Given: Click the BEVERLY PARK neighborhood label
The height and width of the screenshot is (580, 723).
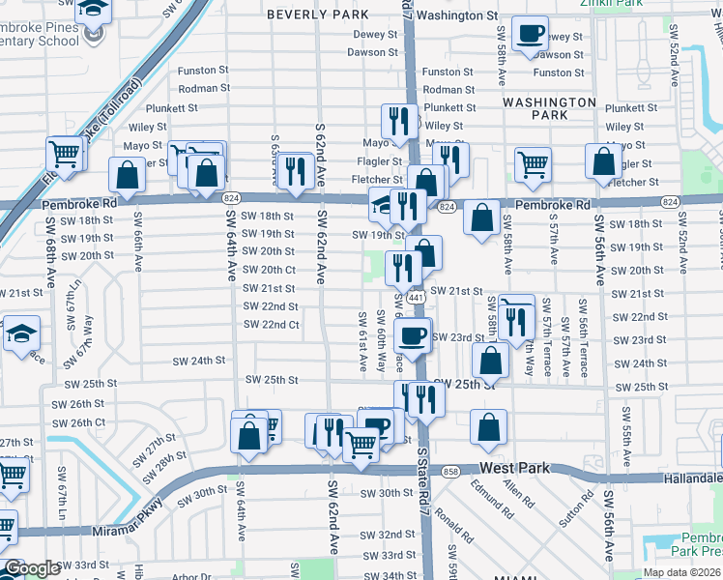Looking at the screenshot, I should (x=317, y=15).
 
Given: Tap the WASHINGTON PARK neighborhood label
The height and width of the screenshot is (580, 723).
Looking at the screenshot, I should (x=549, y=108).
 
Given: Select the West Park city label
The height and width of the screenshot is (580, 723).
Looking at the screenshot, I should (x=514, y=468).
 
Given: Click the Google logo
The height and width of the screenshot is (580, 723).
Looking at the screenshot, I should (x=31, y=568).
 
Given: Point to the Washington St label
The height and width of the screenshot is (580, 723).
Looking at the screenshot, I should (x=457, y=15).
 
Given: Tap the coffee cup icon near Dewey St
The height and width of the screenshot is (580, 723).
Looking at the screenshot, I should (x=530, y=36).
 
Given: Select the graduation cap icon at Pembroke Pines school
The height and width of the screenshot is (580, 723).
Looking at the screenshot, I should (x=94, y=10).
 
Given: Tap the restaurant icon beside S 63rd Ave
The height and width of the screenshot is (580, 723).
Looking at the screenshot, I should (x=295, y=171).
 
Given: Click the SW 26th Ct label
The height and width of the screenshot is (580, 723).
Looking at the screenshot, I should (x=77, y=423).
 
